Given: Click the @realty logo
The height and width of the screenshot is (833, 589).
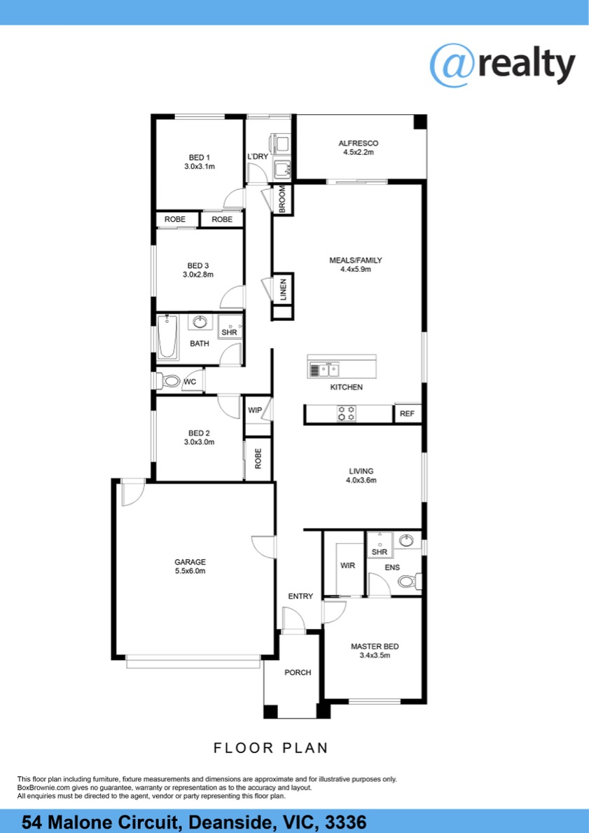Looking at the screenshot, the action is click(x=502, y=65).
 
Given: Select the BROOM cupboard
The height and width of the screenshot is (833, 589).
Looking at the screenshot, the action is click(x=283, y=199).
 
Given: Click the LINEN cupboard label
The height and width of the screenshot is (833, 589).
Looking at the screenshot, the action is click(x=283, y=289).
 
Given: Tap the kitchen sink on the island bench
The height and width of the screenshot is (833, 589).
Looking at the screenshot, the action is click(x=324, y=369).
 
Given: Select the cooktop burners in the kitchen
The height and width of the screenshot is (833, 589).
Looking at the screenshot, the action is click(x=347, y=413).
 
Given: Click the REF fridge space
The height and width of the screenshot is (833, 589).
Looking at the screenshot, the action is click(x=408, y=414).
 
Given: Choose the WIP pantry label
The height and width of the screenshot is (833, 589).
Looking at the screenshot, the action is click(x=256, y=410).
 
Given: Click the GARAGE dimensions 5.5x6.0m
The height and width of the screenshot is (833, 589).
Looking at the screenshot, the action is click(x=190, y=571).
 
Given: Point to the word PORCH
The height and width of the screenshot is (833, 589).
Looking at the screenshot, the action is click(x=298, y=673).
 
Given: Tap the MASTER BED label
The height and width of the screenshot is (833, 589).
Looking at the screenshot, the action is click(x=375, y=647).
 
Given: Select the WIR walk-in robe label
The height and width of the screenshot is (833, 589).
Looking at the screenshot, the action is click(x=348, y=566).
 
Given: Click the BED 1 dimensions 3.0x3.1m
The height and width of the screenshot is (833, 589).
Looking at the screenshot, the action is click(x=200, y=166).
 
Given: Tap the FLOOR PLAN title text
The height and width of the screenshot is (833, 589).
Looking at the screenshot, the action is click(x=271, y=748).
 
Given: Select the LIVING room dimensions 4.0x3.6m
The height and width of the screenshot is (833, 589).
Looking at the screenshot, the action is click(x=361, y=480).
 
